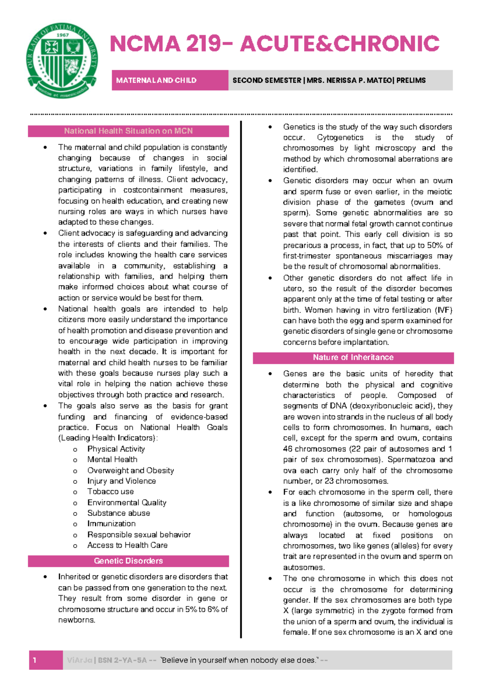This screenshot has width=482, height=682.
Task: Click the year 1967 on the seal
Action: [x=63, y=35]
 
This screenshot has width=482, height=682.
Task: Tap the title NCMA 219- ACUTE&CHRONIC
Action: [x=275, y=44]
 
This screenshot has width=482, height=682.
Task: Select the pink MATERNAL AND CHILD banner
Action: [x=170, y=80]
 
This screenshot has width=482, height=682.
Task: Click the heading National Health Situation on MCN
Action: [x=128, y=131]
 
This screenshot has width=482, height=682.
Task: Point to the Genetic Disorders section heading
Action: [x=128, y=561]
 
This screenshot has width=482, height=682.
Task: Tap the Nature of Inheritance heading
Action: [x=353, y=357]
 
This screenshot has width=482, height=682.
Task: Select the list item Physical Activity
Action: [x=116, y=449]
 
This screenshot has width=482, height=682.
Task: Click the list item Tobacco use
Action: [x=110, y=491]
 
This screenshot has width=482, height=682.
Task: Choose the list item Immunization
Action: [x=111, y=524]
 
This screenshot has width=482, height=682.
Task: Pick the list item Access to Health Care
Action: [x=127, y=545]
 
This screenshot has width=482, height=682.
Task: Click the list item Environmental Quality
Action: [x=127, y=502]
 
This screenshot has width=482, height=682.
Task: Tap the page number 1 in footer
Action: [x=35, y=660]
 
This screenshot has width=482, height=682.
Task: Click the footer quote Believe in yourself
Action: [x=239, y=660]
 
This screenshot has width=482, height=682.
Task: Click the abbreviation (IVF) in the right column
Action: [x=443, y=310]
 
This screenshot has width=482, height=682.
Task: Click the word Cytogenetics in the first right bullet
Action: [x=340, y=138]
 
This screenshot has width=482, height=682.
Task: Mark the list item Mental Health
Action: [x=112, y=459]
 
